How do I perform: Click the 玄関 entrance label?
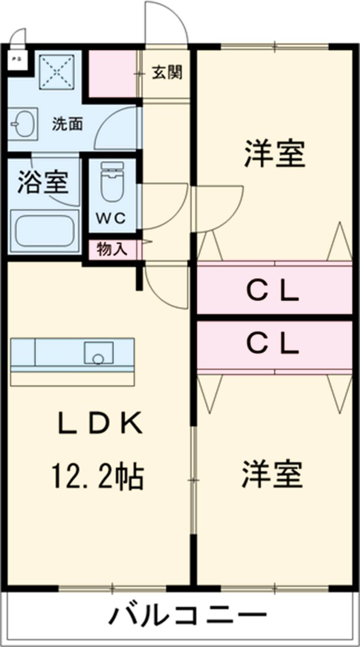coord(167,73)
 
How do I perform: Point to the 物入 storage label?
coord(112,249)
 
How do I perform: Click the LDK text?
coord(100,425)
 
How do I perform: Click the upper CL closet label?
coord(274,292)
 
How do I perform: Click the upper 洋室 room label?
coord(274,155)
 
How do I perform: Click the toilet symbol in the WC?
coord(111,182)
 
